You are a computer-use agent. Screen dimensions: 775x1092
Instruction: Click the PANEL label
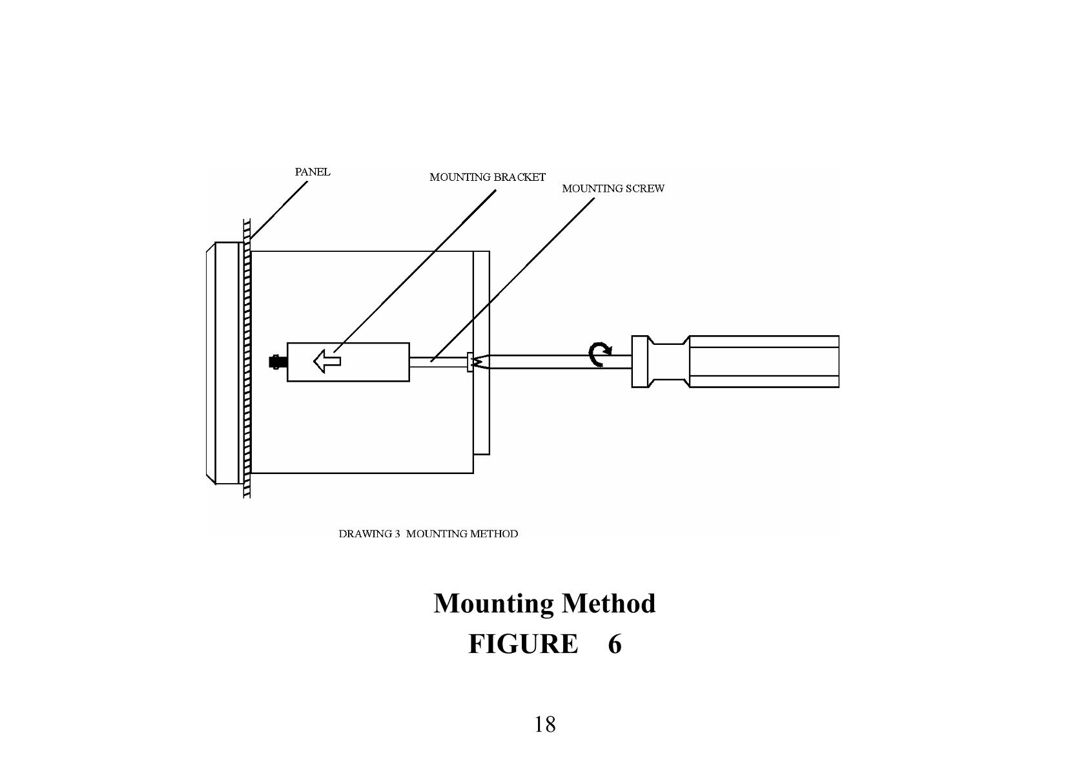pos(313,172)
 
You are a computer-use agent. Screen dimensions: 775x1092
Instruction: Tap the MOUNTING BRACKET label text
pos(488,177)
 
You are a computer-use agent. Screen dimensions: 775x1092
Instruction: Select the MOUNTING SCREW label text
pos(613,189)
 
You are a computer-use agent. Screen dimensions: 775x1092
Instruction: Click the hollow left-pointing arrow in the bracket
pos(327,360)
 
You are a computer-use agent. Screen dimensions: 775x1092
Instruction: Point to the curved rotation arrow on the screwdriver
pos(600,355)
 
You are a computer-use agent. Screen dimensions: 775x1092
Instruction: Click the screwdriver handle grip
pos(764,362)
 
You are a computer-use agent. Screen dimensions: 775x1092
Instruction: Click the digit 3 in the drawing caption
pos(398,534)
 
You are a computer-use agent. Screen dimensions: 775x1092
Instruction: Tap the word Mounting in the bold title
pos(493,604)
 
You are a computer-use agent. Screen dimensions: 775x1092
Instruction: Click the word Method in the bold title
pos(608,604)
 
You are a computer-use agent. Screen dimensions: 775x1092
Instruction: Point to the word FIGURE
pos(523,644)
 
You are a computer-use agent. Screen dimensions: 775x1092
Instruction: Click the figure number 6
pos(614,644)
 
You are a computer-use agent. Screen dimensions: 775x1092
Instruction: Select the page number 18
pos(544,725)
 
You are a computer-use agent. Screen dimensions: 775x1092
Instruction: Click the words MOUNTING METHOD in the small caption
pos(462,534)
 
